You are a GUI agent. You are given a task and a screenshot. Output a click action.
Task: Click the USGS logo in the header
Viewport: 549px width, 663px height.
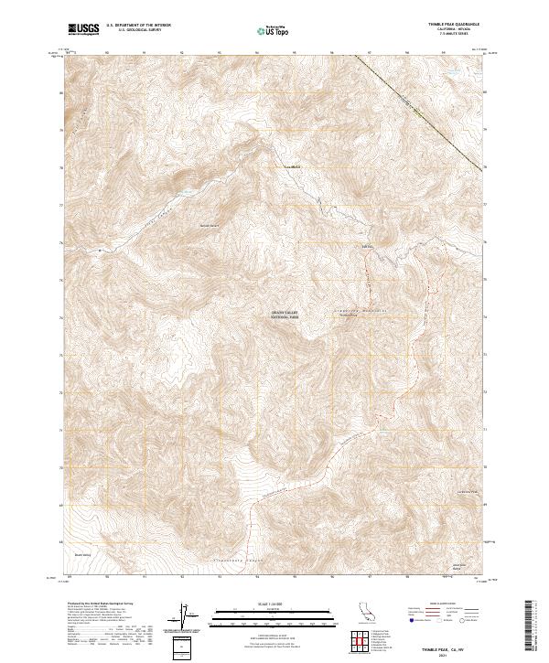[84, 30]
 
